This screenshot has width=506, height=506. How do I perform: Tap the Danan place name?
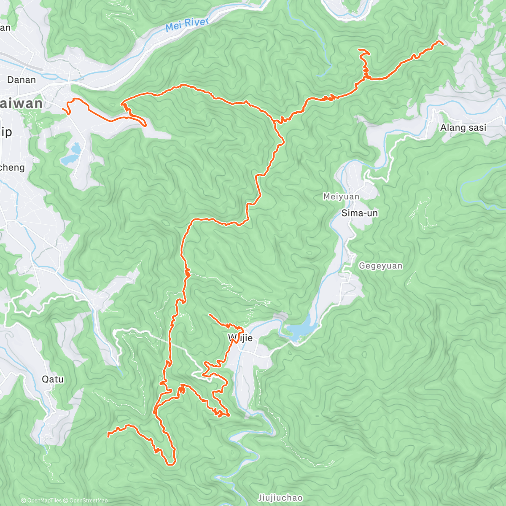pos(22,80)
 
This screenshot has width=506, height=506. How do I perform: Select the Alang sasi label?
pos(463,127)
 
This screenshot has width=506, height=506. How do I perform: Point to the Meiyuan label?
pos(341,196)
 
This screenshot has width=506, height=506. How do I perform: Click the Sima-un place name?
pos(359,213)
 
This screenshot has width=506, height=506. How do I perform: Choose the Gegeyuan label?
pos(380,266)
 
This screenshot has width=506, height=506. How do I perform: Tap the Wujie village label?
pos(240,338)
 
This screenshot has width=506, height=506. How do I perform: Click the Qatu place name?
pos(53,379)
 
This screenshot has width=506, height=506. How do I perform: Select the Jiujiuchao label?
pos(280,498)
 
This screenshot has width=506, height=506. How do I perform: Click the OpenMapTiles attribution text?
pos(41,501)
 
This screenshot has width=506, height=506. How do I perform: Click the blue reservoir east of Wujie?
pos(300,328)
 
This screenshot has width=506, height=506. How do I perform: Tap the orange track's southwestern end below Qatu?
pos(108,435)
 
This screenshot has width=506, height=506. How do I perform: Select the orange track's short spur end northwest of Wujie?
pos(209,315)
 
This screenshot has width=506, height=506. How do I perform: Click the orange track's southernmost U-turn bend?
pos(170,464)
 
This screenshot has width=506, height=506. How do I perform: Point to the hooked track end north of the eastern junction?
pos(359,50)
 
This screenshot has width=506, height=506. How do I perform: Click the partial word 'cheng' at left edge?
pos(13,167)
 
